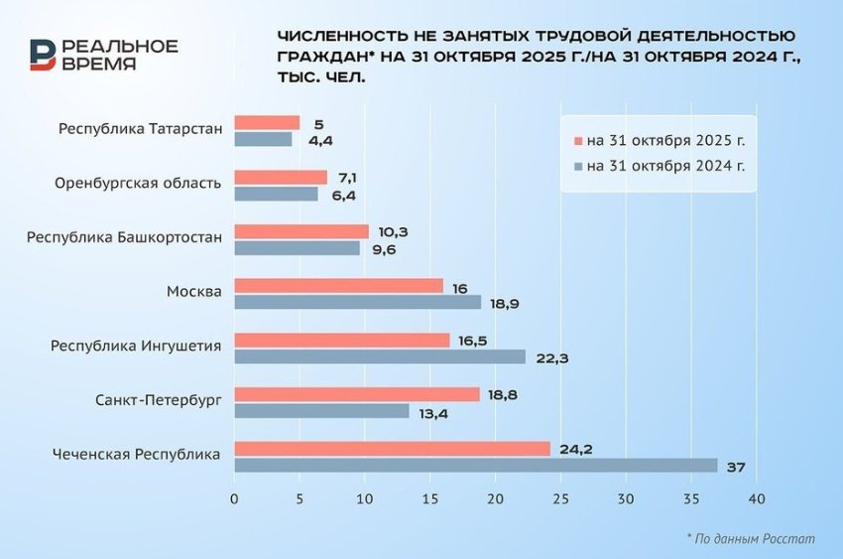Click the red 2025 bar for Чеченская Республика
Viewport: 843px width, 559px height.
point(392,449)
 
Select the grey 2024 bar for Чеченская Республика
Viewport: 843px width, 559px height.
point(475,466)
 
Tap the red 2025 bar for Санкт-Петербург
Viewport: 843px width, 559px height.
point(357,394)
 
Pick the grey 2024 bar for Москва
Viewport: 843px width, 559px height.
point(357,302)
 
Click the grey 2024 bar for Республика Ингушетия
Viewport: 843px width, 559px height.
point(380,356)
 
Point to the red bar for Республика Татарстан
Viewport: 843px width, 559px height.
point(267,123)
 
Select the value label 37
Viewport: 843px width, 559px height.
point(736,467)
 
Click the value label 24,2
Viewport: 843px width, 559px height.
point(575,449)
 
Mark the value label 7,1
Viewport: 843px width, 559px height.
point(347,177)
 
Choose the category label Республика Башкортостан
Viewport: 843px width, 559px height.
point(124,237)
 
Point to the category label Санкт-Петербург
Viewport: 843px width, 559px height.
point(159,400)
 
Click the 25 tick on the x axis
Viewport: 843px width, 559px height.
point(560,499)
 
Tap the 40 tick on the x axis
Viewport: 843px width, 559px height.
point(757,499)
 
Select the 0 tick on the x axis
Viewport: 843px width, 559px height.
point(234,499)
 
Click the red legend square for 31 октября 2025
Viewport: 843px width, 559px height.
point(576,140)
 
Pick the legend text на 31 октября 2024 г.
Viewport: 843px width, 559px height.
point(665,166)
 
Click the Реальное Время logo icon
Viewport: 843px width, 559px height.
point(43,56)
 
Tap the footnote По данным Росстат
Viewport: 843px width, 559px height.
point(751,538)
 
